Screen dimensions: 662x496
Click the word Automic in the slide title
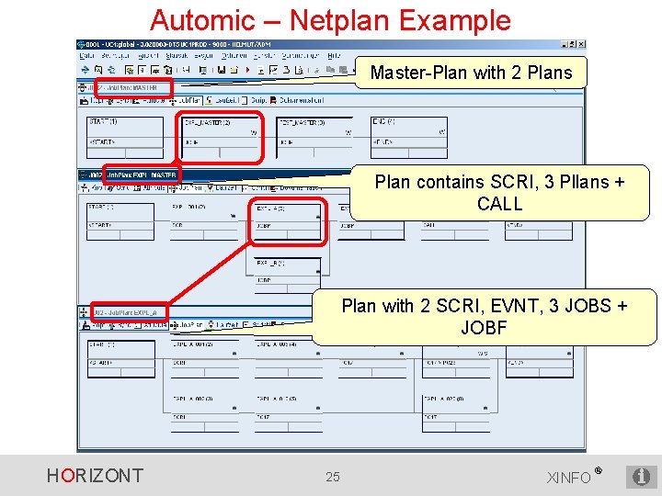pos(202,20)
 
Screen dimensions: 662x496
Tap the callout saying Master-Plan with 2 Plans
pos(471,73)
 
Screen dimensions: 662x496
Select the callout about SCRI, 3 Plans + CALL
pos(499,193)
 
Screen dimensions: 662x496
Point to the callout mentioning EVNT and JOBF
pos(485,316)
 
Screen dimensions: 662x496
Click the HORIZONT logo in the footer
pos(95,475)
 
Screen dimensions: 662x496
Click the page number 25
pos(333,476)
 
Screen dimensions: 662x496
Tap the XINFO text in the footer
pos(570,477)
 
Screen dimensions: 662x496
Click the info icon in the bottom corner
pos(641,476)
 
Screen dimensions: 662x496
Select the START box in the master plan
pos(120,132)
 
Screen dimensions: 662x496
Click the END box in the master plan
pos(408,132)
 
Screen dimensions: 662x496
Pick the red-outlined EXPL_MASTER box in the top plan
pos(220,133)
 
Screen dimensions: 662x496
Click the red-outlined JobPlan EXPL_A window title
pos(128,312)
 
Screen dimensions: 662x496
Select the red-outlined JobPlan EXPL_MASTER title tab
pos(142,175)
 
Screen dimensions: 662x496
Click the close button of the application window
pos(580,44)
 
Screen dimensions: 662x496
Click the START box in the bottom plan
pos(120,355)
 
